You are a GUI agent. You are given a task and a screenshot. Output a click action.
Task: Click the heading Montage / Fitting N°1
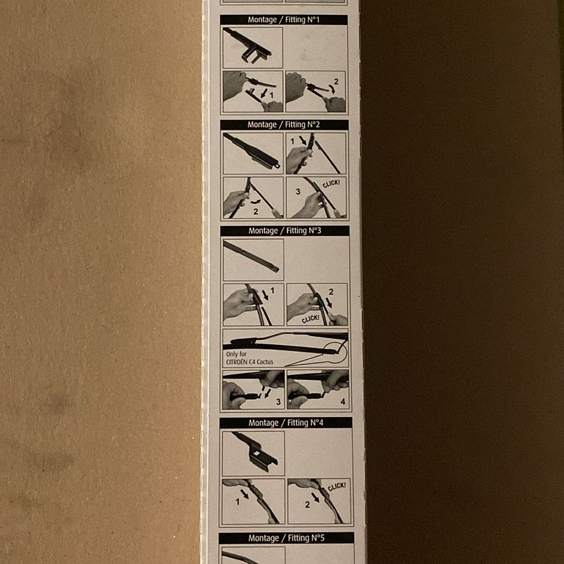[x=284, y=20]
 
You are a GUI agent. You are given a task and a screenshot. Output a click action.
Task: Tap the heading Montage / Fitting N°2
[x=284, y=125]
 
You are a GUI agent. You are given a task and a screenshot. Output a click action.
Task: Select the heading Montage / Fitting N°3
[x=284, y=231]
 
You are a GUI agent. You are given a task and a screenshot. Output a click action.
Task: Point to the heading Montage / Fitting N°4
[x=285, y=423]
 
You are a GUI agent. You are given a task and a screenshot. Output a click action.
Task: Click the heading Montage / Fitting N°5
[x=287, y=538]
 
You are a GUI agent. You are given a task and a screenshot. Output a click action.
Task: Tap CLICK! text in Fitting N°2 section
[x=331, y=184]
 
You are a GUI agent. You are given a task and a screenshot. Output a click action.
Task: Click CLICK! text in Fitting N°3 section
[x=310, y=319]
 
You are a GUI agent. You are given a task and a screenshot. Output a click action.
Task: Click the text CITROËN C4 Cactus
[x=250, y=362]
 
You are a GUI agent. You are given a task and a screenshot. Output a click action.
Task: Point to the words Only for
[x=236, y=354]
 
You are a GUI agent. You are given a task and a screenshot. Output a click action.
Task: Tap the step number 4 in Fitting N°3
[x=343, y=402]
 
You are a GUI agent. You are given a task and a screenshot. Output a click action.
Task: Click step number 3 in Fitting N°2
[x=298, y=192]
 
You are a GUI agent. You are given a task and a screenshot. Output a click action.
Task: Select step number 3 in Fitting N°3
[x=278, y=402]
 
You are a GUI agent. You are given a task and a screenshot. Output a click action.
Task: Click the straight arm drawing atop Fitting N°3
[x=251, y=255]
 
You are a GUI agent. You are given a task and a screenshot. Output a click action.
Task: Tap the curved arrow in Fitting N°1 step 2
[x=332, y=89]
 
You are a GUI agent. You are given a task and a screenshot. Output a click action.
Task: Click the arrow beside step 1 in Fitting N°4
[x=245, y=493]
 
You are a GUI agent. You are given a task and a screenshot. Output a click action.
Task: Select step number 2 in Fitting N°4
[x=307, y=505]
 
